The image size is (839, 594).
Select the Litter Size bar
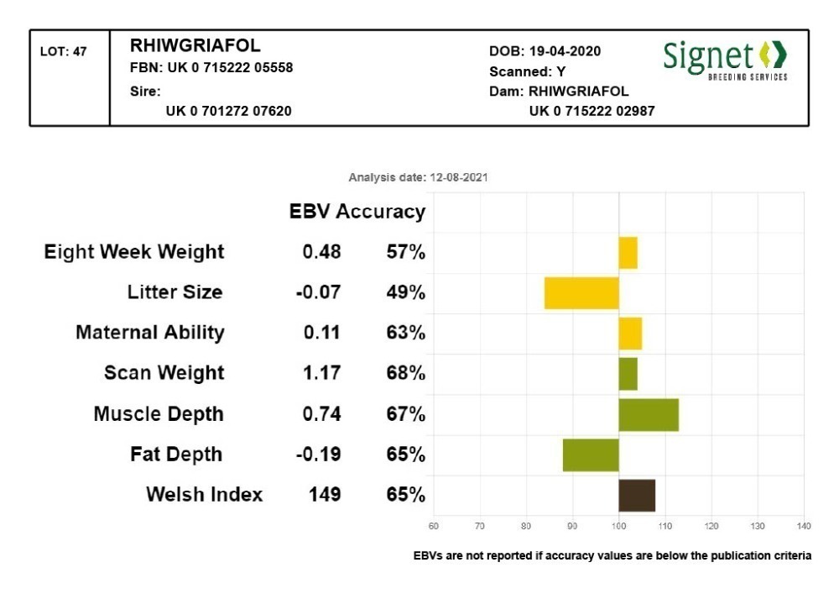pyautogui.click(x=581, y=292)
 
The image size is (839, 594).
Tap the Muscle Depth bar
pyautogui.click(x=649, y=414)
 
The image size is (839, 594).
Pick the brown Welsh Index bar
pyautogui.click(x=637, y=495)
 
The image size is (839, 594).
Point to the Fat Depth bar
pyautogui.click(x=591, y=455)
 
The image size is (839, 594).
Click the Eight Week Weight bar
pyautogui.click(x=628, y=252)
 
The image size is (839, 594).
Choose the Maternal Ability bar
pyautogui.click(x=630, y=333)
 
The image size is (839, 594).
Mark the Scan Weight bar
pyautogui.click(x=628, y=374)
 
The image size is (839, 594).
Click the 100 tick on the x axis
pyautogui.click(x=618, y=526)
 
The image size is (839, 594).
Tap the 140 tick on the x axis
pyautogui.click(x=804, y=526)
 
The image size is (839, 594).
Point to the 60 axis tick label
pyautogui.click(x=433, y=526)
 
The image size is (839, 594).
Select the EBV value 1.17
pyautogui.click(x=322, y=373)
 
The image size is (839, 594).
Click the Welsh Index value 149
pyautogui.click(x=325, y=494)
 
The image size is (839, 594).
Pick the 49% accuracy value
pyautogui.click(x=405, y=292)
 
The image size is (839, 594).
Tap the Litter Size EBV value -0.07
pyautogui.click(x=318, y=292)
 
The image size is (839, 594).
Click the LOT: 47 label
pyautogui.click(x=64, y=52)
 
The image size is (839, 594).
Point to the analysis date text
pyautogui.click(x=418, y=178)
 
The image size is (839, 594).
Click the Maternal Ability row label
pyautogui.click(x=150, y=333)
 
